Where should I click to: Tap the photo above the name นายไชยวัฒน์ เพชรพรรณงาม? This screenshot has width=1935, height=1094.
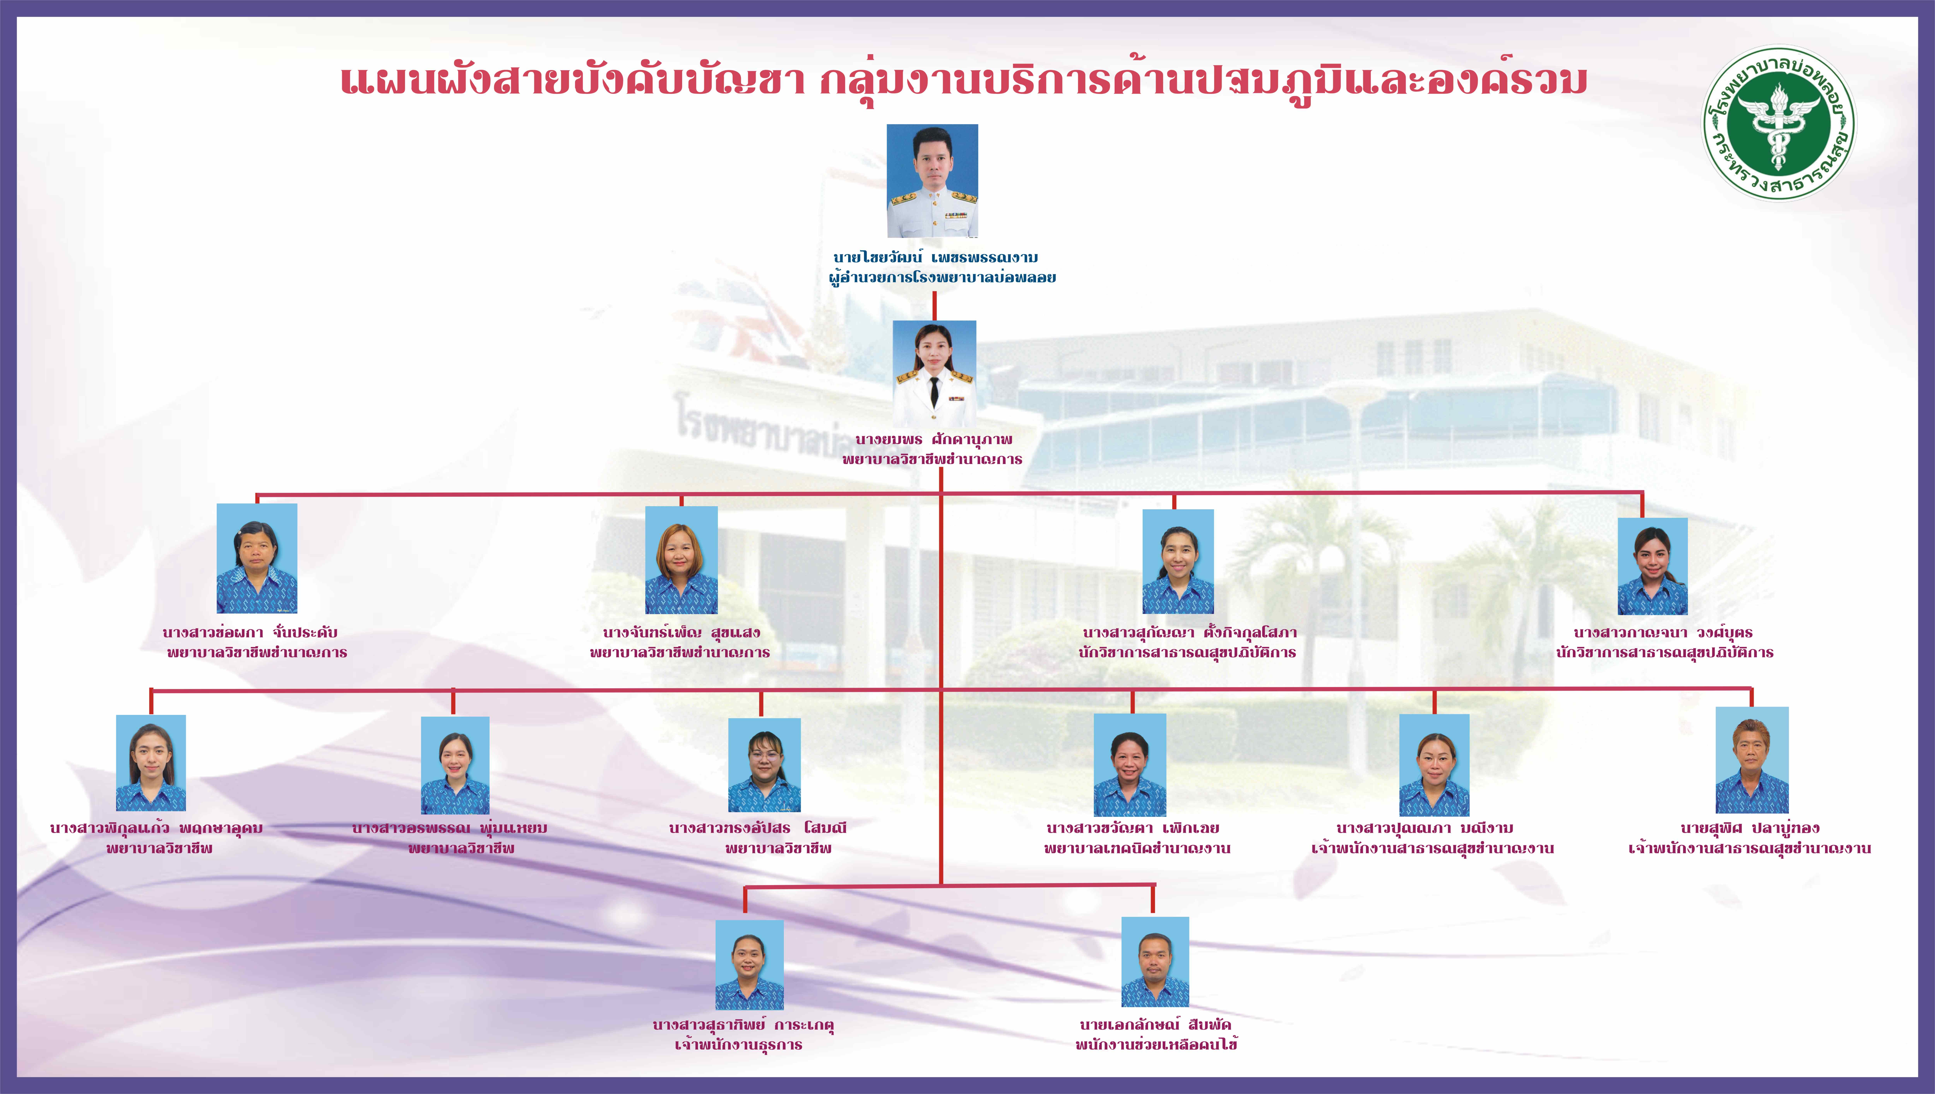tap(932, 181)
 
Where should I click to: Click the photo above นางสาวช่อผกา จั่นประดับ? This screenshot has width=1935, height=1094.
tap(257, 558)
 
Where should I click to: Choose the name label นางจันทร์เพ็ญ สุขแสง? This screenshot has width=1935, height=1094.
tap(681, 633)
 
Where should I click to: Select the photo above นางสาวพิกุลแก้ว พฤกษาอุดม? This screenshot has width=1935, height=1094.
tap(151, 763)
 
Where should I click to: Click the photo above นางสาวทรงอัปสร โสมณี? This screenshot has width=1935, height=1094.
tap(764, 765)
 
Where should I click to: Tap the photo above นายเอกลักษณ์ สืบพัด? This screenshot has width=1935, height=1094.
tap(1155, 962)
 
